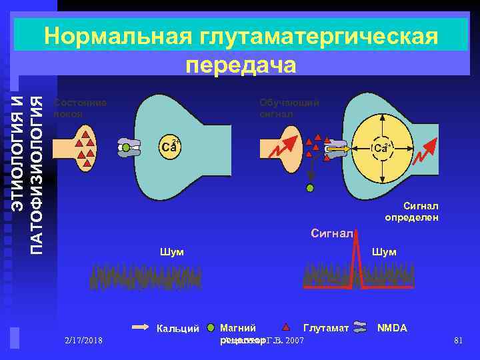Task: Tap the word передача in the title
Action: [x=241, y=65]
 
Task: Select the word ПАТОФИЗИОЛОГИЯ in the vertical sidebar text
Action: [x=38, y=175]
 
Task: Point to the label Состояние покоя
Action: [x=79, y=108]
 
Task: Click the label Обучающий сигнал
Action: [x=289, y=108]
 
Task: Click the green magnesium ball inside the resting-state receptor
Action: [x=125, y=147]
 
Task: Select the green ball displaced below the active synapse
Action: [x=309, y=189]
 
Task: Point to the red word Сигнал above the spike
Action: [x=331, y=234]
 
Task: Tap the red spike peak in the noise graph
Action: [x=357, y=240]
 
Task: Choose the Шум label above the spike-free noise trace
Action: [x=171, y=252]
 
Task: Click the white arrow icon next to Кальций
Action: [x=142, y=328]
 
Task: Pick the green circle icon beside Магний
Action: [x=211, y=328]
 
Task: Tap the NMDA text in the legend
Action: [x=392, y=328]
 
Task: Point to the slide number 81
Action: [x=457, y=341]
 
